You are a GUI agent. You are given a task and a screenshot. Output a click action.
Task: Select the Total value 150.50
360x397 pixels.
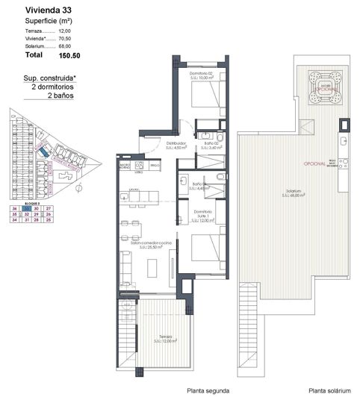70,54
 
